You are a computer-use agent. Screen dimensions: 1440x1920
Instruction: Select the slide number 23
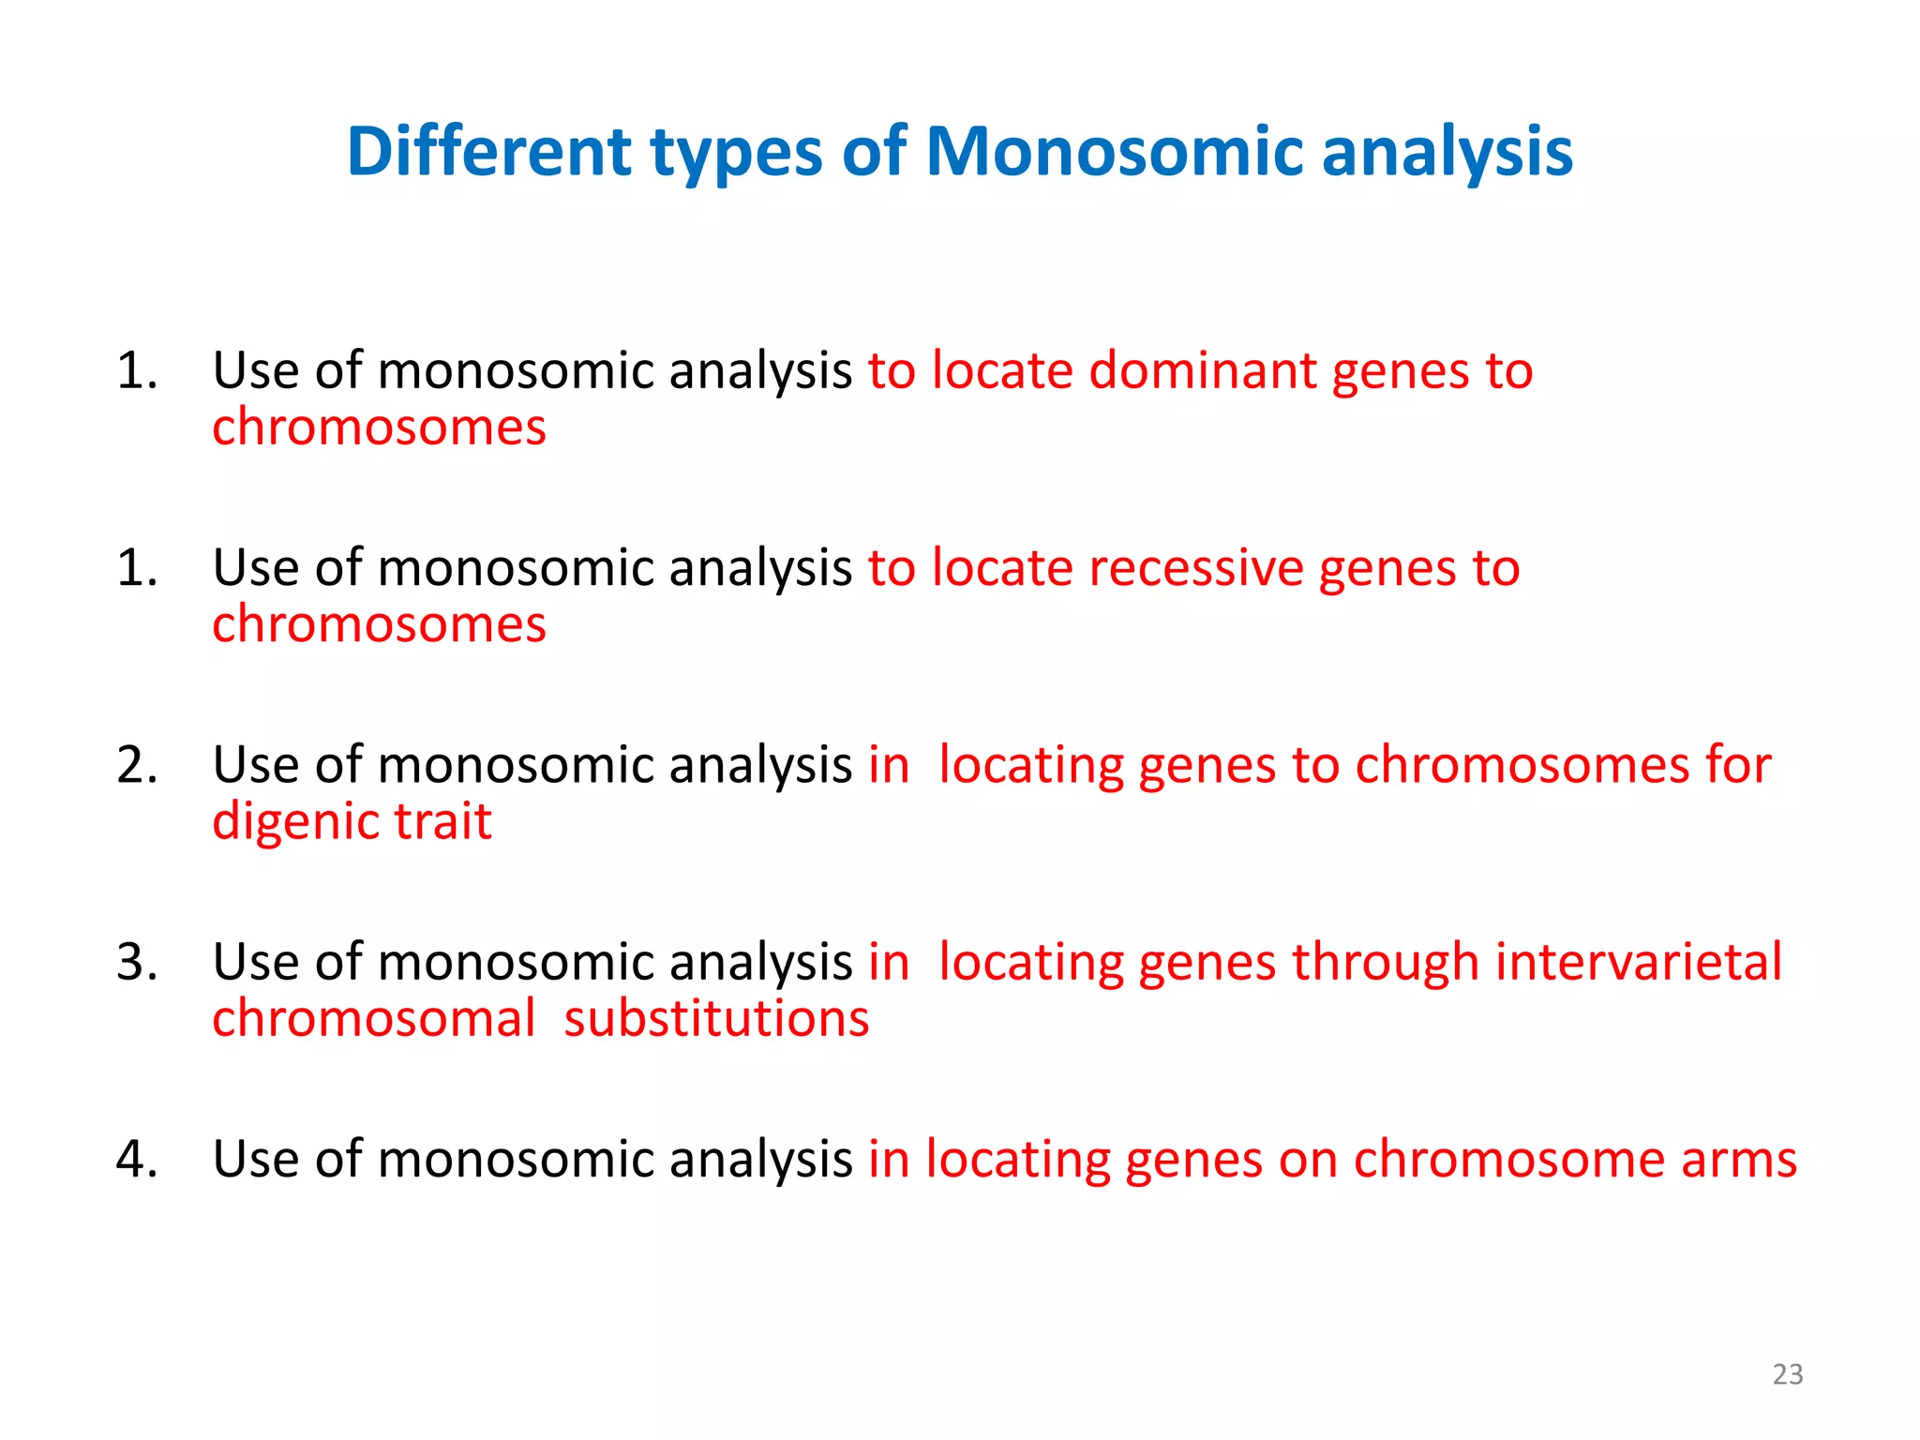(x=1788, y=1374)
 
